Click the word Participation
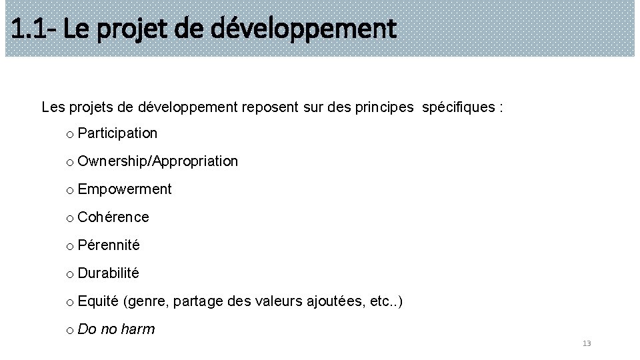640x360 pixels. pyautogui.click(x=117, y=133)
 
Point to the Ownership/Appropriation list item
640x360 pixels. pyautogui.click(x=157, y=161)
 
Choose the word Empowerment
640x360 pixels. pyautogui.click(x=125, y=189)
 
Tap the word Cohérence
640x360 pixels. pyautogui.click(x=113, y=217)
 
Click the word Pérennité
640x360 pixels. pyautogui.click(x=109, y=245)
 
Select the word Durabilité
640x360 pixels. pyautogui.click(x=109, y=273)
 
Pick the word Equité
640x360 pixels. pyautogui.click(x=98, y=302)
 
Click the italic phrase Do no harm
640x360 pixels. pyautogui.click(x=116, y=329)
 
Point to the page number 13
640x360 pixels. pyautogui.click(x=587, y=343)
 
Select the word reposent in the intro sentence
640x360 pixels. pyautogui.click(x=268, y=107)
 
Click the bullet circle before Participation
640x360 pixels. pyautogui.click(x=69, y=135)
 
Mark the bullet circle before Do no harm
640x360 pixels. pyautogui.click(x=69, y=331)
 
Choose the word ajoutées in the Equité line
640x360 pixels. pyautogui.click(x=335, y=302)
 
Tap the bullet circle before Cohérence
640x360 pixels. pyautogui.click(x=69, y=219)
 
